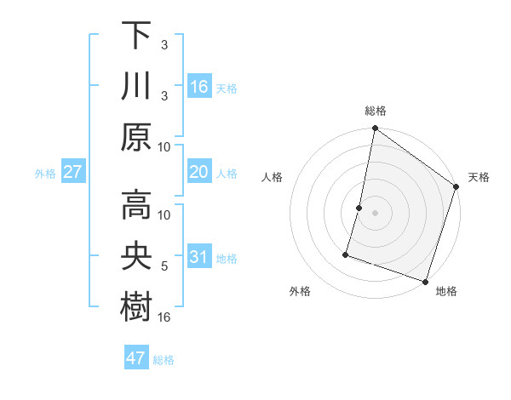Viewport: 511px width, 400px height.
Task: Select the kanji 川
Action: [x=136, y=86]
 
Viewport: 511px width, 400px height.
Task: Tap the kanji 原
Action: [x=136, y=136]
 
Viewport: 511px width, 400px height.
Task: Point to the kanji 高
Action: [x=136, y=204]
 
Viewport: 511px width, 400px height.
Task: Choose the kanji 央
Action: [x=136, y=254]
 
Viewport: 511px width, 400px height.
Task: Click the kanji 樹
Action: [x=136, y=305]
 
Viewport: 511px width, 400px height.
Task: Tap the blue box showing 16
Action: [x=199, y=86]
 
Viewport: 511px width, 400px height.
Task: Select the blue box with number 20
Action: [x=199, y=173]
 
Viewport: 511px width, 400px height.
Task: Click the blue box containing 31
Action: [x=199, y=257]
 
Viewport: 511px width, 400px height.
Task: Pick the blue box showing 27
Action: [x=73, y=173]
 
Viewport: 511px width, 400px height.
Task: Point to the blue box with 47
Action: [x=136, y=358]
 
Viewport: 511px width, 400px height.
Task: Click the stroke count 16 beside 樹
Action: [x=165, y=317]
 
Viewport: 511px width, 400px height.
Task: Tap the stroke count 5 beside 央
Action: [x=164, y=267]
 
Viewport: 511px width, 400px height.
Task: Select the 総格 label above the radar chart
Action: [x=375, y=111]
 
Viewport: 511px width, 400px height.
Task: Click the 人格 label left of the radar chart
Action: [x=273, y=177]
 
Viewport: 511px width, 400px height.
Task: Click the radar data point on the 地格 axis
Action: [x=425, y=281]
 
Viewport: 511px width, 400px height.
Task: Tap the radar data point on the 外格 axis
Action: [x=347, y=254]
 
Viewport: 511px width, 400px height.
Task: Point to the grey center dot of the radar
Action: [x=375, y=213]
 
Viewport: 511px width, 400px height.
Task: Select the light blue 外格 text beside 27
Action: [x=44, y=174]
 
